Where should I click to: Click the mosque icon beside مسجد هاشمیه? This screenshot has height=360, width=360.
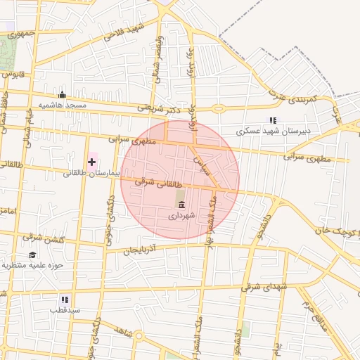(x=62, y=95)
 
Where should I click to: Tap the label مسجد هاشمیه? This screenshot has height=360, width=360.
(x=62, y=105)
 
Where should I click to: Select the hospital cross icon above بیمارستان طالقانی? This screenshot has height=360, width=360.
(x=91, y=162)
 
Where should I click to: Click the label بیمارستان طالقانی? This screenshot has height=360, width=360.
(x=86, y=173)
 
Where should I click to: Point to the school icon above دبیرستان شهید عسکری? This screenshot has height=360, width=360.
(x=273, y=120)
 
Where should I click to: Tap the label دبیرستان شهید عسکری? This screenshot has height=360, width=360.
(x=274, y=131)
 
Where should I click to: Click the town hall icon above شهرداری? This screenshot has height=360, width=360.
(x=182, y=205)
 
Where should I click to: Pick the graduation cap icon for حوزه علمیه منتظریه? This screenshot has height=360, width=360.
(x=32, y=255)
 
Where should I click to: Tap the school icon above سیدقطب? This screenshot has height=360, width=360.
(x=65, y=299)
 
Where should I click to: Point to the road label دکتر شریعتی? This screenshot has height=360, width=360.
(x=159, y=108)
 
